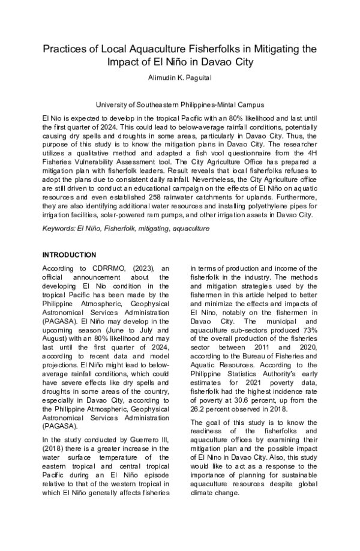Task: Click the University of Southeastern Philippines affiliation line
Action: (x=180, y=104)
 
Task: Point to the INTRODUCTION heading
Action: (x=69, y=254)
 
